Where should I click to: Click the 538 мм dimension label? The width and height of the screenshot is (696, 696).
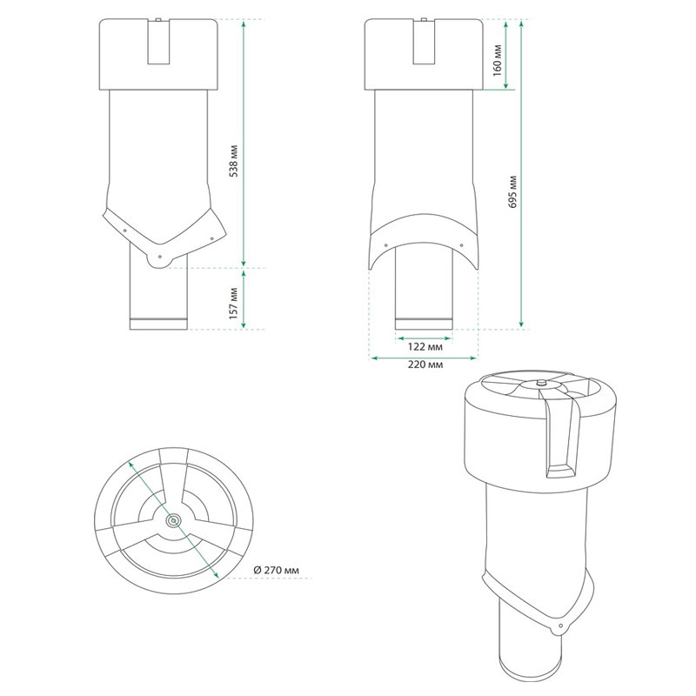[234, 161]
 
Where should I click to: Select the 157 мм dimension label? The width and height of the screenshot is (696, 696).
[234, 304]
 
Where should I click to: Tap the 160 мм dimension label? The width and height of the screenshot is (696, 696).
[497, 60]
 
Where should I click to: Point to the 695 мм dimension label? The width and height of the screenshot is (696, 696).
[513, 192]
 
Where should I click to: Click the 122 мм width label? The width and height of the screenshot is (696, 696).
[425, 346]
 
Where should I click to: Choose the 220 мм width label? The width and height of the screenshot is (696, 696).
[425, 365]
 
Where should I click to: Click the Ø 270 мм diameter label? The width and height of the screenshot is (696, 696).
[276, 570]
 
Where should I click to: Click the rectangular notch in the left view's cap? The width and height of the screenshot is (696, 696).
[159, 42]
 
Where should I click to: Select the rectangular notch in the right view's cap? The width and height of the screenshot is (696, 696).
[425, 42]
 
